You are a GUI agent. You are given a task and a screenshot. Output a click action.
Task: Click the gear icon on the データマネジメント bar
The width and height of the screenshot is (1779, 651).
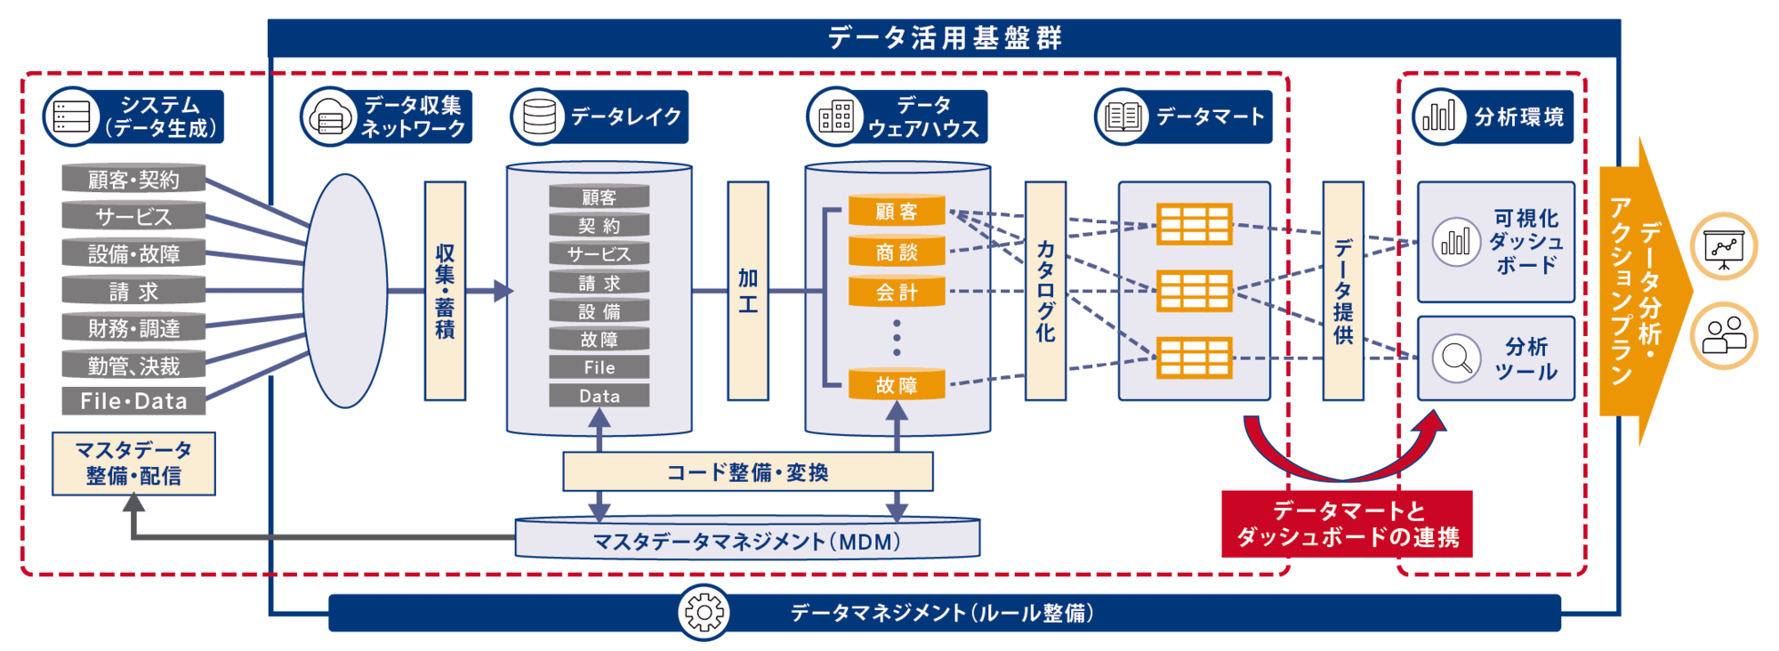704,612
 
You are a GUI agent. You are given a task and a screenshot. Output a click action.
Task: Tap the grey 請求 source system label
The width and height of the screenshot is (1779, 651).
133,291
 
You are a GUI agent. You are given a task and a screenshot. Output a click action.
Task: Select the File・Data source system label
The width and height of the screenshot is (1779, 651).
133,401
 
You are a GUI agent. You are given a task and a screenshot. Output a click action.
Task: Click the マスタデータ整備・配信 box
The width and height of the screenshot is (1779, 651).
133,463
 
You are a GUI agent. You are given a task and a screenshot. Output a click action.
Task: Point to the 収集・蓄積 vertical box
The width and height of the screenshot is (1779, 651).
445,291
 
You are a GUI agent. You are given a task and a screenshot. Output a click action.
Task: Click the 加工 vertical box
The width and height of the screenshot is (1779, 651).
747,291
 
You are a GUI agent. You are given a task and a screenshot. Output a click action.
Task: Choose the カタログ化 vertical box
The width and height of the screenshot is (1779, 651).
1045,291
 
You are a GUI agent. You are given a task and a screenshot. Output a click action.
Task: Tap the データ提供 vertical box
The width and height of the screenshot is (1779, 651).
1343,291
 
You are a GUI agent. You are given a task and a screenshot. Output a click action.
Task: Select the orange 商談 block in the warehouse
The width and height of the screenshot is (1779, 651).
897,253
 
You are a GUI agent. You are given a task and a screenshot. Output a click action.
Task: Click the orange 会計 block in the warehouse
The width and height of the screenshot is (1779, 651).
897,293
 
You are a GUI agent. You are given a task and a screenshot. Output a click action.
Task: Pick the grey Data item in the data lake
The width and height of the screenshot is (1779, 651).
600,396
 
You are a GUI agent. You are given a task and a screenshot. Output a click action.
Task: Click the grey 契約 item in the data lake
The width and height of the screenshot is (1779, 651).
600,226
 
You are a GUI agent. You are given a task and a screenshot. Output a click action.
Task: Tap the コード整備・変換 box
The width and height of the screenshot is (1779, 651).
747,471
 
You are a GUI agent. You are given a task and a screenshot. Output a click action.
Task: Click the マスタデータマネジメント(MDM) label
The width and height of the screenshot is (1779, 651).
747,541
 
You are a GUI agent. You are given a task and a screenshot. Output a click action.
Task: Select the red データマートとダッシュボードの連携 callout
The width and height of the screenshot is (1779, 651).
1347,524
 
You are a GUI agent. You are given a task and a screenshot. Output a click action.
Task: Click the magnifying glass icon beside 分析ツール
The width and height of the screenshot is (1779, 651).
1456,358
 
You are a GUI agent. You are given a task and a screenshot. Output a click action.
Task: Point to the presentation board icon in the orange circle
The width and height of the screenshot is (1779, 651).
1724,246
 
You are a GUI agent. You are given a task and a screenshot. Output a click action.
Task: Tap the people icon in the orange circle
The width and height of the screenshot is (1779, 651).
1724,335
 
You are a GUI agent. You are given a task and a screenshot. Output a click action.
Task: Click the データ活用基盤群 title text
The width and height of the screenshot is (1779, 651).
945,37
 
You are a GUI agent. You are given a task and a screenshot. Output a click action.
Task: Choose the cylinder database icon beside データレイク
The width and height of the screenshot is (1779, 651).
539,117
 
